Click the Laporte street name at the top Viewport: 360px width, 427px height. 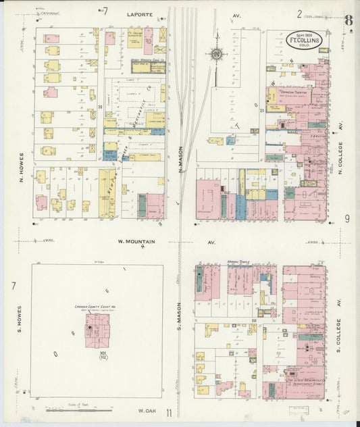(138, 13)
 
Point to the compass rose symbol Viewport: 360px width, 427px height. (217, 54)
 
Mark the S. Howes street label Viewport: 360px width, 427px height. (21, 321)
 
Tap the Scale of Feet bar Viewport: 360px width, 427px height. (78, 409)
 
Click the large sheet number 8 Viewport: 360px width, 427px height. (347, 19)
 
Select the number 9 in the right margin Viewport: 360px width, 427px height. (346, 218)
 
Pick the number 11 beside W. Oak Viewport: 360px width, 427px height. (170, 413)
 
